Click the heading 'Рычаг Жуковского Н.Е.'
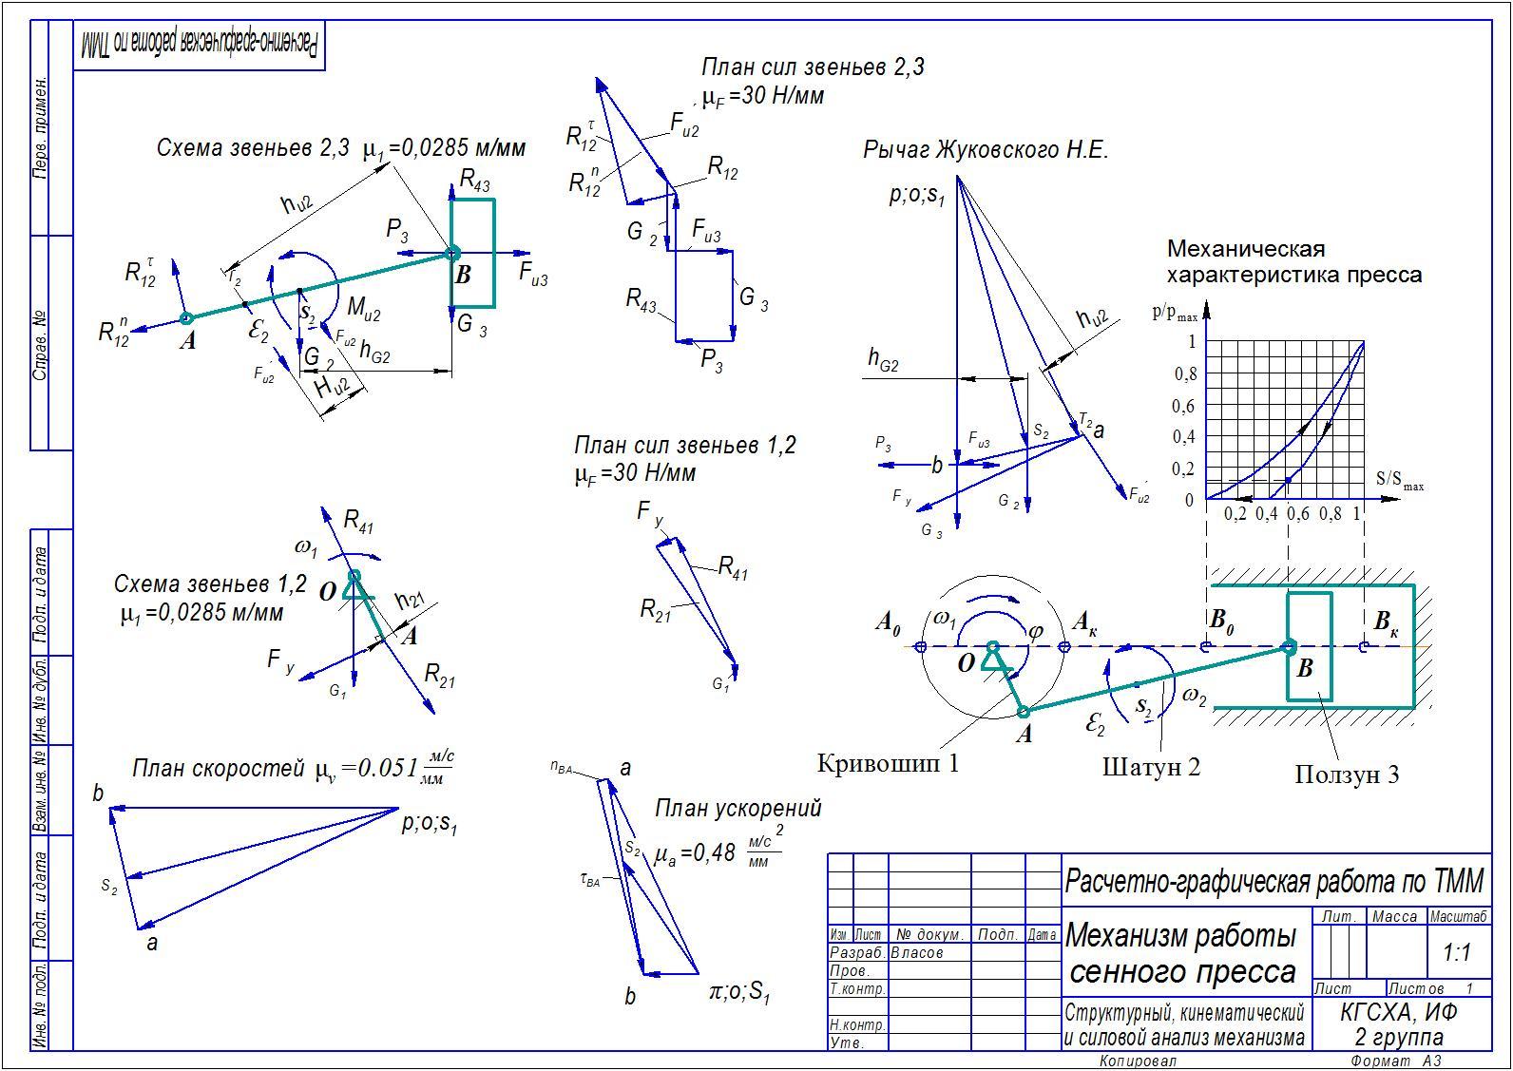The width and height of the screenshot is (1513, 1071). (986, 150)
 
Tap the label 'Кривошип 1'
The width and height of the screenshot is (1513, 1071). (888, 762)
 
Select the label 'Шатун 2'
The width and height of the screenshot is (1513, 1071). (1151, 766)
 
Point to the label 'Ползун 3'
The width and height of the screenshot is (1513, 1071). (1346, 775)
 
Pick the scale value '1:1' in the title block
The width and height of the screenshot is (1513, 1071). (1456, 952)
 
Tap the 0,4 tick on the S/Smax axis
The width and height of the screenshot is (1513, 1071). (1266, 514)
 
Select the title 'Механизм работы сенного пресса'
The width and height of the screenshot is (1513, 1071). (1182, 954)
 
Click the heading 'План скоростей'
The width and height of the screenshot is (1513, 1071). (217, 769)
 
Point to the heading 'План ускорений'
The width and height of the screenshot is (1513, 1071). (737, 809)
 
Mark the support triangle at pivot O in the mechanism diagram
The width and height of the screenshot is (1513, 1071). (993, 658)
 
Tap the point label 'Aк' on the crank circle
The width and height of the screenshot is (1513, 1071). (1086, 623)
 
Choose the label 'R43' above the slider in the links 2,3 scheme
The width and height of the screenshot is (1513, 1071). (474, 180)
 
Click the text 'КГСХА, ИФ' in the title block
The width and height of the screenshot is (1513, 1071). (1398, 1013)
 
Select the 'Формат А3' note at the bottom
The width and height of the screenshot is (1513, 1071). (1395, 1061)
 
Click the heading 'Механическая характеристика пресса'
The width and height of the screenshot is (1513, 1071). (1293, 262)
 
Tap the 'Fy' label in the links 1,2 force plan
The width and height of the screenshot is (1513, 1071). (650, 514)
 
